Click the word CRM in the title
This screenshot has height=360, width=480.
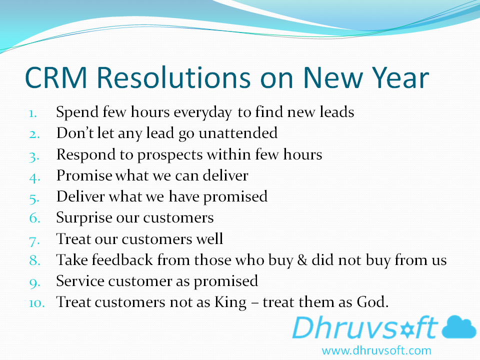(x=56, y=77)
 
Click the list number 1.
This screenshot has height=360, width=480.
(x=33, y=113)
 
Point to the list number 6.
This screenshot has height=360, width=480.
(x=34, y=217)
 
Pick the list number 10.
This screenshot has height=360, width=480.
(x=36, y=303)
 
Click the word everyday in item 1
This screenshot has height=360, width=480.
(x=202, y=112)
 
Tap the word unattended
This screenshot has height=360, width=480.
(x=238, y=133)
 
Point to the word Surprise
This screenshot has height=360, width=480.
(x=84, y=218)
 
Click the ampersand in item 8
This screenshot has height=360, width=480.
(x=302, y=260)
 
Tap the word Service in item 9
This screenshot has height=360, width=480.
(x=80, y=280)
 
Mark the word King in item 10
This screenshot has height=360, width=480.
(x=230, y=303)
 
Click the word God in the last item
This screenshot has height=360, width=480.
(x=372, y=302)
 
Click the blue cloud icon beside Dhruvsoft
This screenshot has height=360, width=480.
(x=459, y=327)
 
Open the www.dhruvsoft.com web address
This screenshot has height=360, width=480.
(x=376, y=350)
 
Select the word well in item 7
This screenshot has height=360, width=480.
(x=209, y=238)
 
